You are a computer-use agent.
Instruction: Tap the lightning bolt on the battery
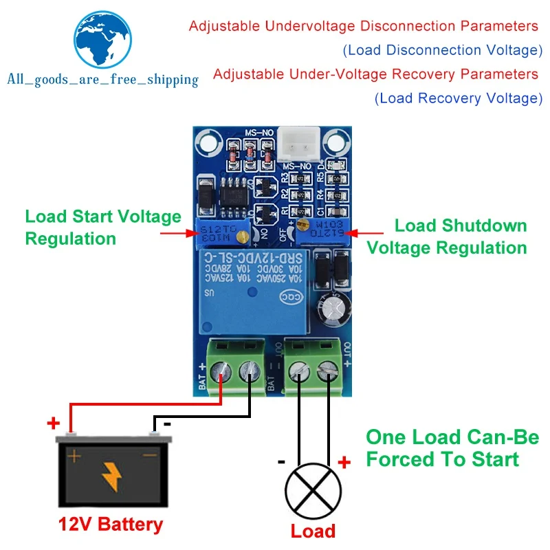click(110, 474)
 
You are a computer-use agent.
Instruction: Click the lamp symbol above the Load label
click(313, 491)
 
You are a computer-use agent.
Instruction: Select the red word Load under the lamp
click(313, 531)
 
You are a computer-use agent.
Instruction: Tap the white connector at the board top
click(298, 142)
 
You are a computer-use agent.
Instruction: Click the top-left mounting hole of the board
click(205, 142)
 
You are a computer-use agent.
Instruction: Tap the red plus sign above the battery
click(53, 423)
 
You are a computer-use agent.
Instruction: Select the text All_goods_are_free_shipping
click(102, 80)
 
